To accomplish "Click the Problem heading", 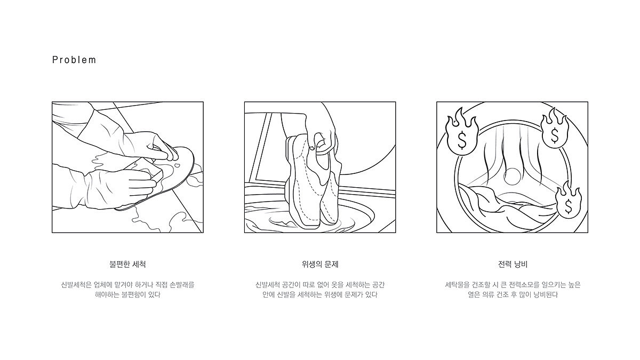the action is coord(74,60).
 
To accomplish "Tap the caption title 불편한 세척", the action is coord(127,265).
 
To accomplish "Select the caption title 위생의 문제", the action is coord(320,265).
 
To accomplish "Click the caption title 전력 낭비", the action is coord(513,265).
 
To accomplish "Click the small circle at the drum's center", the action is coord(513,177).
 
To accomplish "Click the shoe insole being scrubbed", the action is coord(160,179).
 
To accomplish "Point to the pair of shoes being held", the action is coord(313,181).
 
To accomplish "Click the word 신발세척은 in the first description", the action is coord(76,285).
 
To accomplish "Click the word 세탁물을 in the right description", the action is coord(457,285).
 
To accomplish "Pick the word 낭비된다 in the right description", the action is coord(546,294).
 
